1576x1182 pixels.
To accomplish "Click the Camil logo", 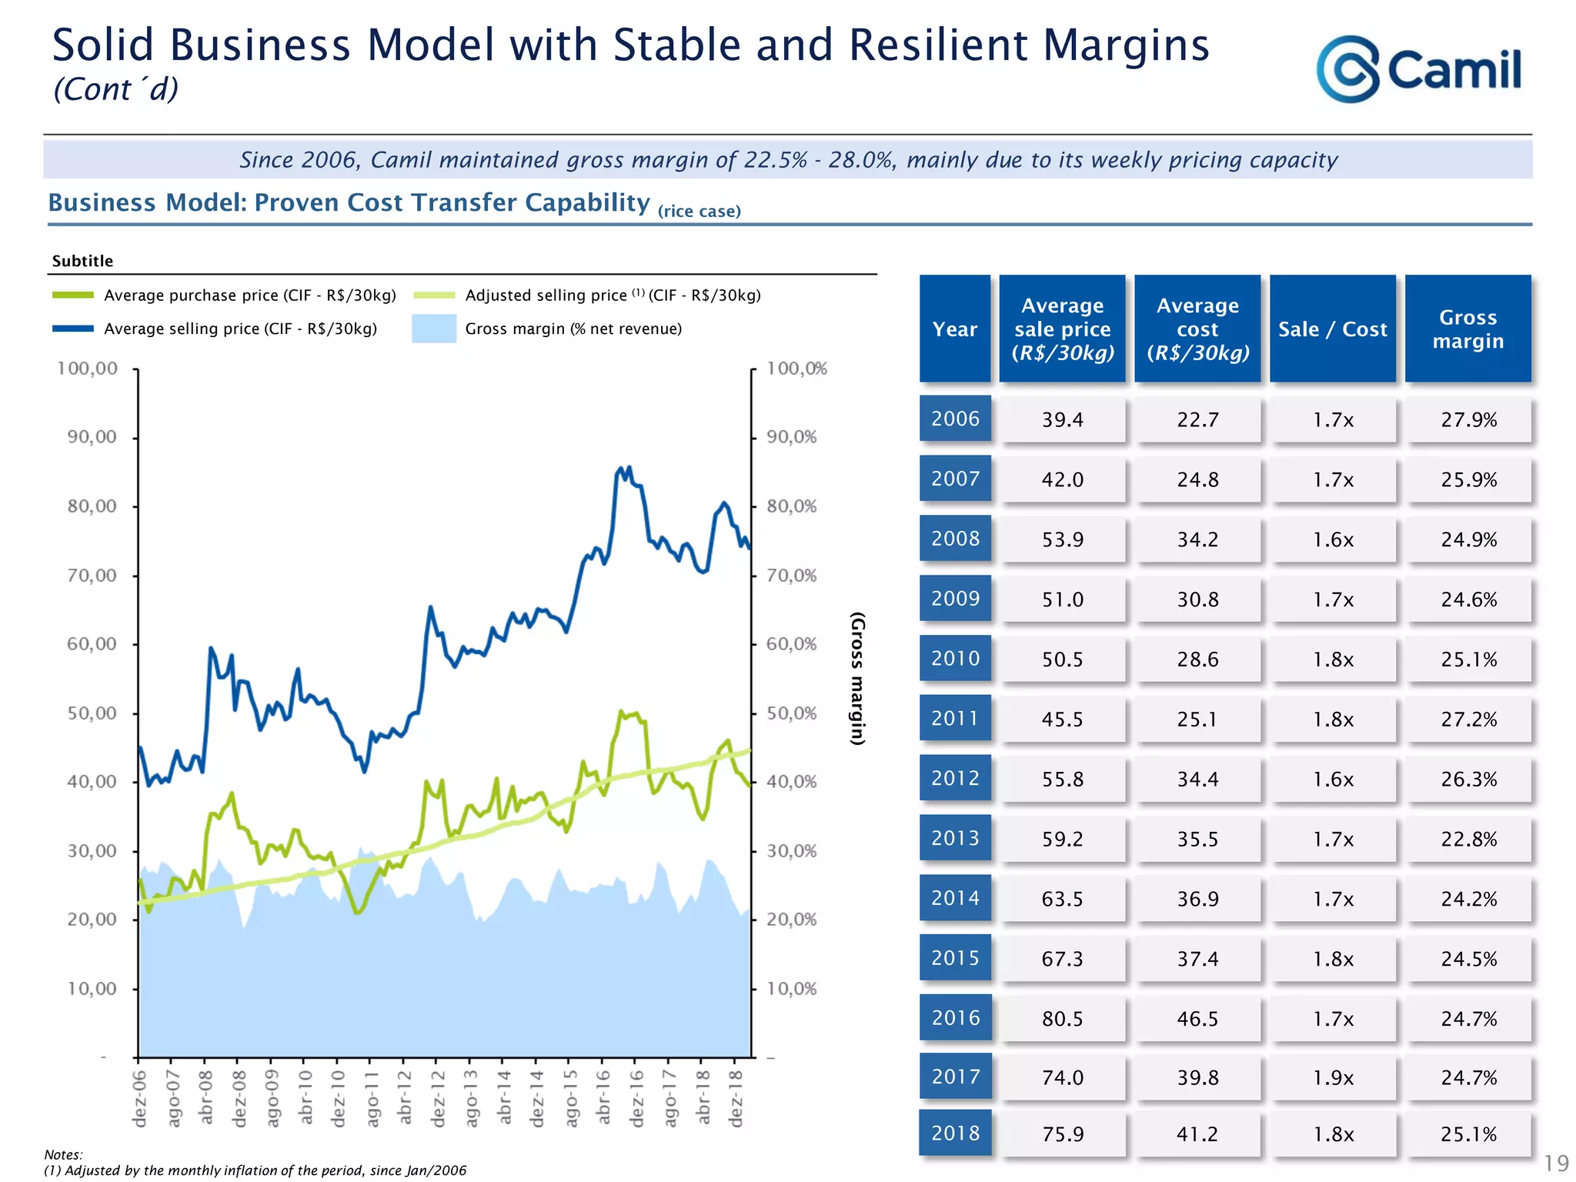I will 1418,69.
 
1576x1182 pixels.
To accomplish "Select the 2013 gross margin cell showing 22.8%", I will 1468,839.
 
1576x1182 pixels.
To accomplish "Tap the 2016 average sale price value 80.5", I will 1062,1019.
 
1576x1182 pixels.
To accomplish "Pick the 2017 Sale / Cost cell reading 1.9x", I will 1333,1078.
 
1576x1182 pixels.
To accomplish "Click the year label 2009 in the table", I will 955,599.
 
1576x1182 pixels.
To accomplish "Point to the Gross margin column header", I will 1467,329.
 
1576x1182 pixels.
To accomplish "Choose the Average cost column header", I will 1197,329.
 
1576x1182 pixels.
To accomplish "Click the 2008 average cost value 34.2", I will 1197,539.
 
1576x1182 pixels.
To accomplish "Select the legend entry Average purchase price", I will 249,295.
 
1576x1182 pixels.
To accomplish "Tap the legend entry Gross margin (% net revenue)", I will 573,329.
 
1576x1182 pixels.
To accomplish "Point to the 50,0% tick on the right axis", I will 792,713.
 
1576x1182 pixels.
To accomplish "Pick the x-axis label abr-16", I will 603,1097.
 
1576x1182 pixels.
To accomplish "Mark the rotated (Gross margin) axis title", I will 857,679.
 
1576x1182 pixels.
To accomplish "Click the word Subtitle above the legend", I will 82,261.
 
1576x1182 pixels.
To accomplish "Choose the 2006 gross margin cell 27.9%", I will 1468,420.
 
